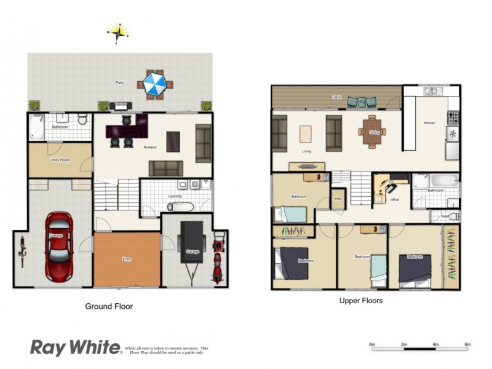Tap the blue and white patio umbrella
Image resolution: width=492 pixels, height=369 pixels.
coord(154,84)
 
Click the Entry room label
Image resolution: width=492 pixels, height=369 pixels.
coord(127,260)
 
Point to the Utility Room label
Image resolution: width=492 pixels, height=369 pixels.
coord(60,160)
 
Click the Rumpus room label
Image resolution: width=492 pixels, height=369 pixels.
coord(149,148)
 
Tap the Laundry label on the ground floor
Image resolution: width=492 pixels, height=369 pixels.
coord(175,197)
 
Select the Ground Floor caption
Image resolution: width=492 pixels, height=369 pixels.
coord(108,306)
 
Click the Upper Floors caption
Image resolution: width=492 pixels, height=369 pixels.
coord(361,301)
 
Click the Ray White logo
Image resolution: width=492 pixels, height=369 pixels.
coord(76,348)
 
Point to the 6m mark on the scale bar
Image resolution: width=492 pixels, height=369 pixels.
coord(467,344)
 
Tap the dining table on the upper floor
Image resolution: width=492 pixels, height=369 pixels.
coord(372,131)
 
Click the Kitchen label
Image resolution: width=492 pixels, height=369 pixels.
coord(429,123)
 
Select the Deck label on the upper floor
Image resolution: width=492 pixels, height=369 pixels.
coord(336,97)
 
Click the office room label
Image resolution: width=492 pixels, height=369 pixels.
coord(394,199)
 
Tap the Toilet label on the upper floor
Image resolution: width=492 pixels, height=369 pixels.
coord(444,216)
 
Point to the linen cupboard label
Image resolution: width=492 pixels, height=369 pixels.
coord(338,199)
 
